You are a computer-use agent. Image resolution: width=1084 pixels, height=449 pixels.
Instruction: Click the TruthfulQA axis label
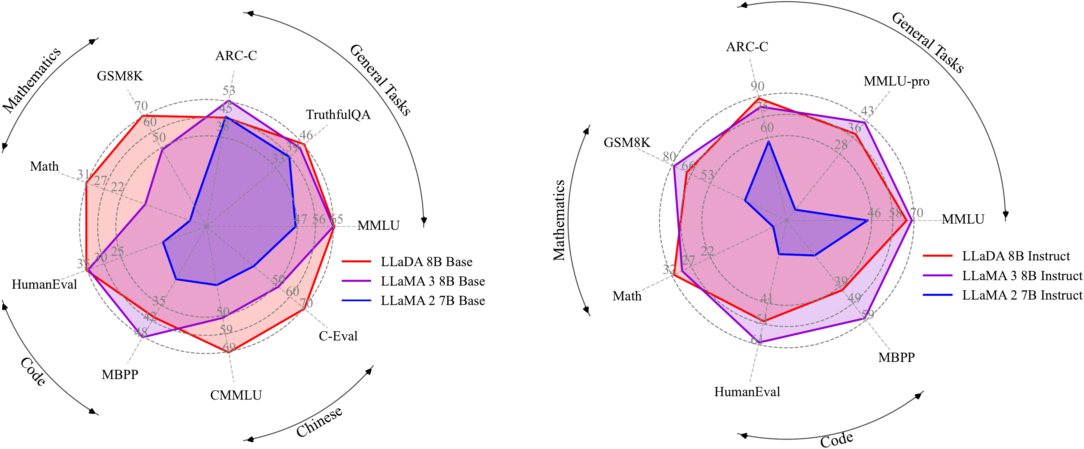coord(338,114)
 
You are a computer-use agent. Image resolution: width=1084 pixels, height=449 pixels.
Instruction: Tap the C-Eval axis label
coord(338,336)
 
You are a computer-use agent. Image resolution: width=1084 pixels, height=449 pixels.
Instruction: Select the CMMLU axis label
coord(236,395)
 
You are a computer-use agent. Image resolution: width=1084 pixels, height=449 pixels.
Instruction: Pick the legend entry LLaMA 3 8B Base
coord(433,281)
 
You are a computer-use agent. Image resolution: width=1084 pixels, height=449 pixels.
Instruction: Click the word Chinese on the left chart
coord(319,422)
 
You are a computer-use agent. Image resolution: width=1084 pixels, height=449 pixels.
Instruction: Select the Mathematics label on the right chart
coord(559,220)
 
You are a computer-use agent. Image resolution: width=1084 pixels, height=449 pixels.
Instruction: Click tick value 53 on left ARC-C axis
coord(229,91)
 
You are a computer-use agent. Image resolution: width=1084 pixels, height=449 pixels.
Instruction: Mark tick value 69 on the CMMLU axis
coord(229,348)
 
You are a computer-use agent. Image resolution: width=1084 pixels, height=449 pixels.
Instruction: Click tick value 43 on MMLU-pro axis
coord(867,111)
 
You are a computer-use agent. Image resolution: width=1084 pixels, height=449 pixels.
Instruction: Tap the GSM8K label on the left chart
coord(120,76)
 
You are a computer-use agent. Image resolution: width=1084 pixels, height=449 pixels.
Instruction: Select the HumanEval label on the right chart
coord(747,392)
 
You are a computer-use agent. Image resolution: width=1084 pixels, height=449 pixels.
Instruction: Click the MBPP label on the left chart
coord(120,374)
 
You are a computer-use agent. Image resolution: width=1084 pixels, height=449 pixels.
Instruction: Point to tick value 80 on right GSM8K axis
coord(669,157)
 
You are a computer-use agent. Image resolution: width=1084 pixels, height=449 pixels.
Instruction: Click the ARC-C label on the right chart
coord(747,47)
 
